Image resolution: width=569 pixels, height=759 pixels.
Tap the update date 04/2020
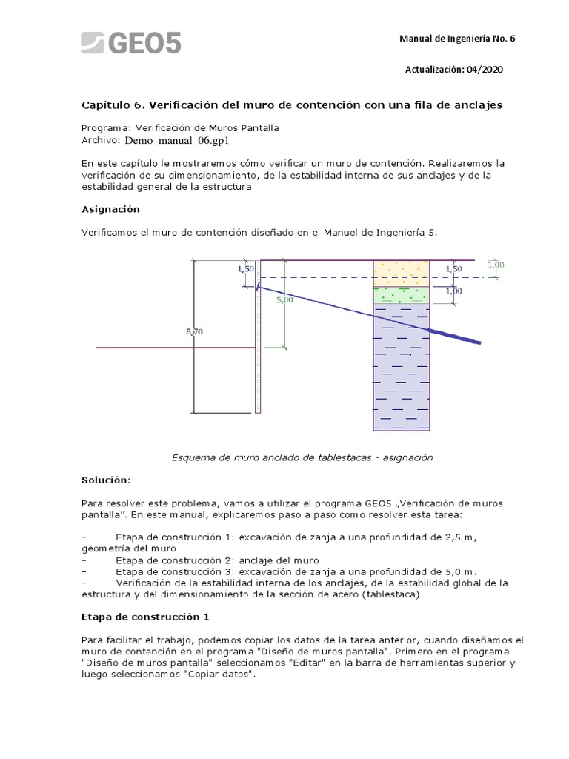[485, 69]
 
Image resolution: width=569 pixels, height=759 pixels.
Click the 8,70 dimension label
[193, 332]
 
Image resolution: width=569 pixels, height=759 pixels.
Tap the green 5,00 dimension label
[284, 299]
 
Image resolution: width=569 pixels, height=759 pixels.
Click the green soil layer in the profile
[401, 294]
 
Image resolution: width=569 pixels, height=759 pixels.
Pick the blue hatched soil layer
[401, 371]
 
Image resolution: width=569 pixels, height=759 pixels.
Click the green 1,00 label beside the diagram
[496, 264]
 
